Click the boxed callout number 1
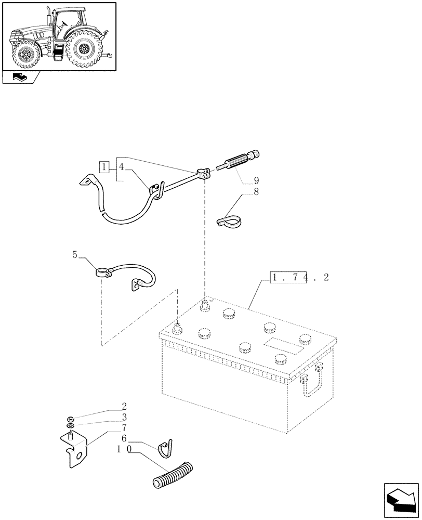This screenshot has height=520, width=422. pyautogui.click(x=104, y=167)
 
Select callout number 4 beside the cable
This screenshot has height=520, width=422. pyautogui.click(x=121, y=167)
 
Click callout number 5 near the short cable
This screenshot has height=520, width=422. pyautogui.click(x=75, y=255)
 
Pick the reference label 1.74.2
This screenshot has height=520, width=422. pyautogui.click(x=299, y=278)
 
